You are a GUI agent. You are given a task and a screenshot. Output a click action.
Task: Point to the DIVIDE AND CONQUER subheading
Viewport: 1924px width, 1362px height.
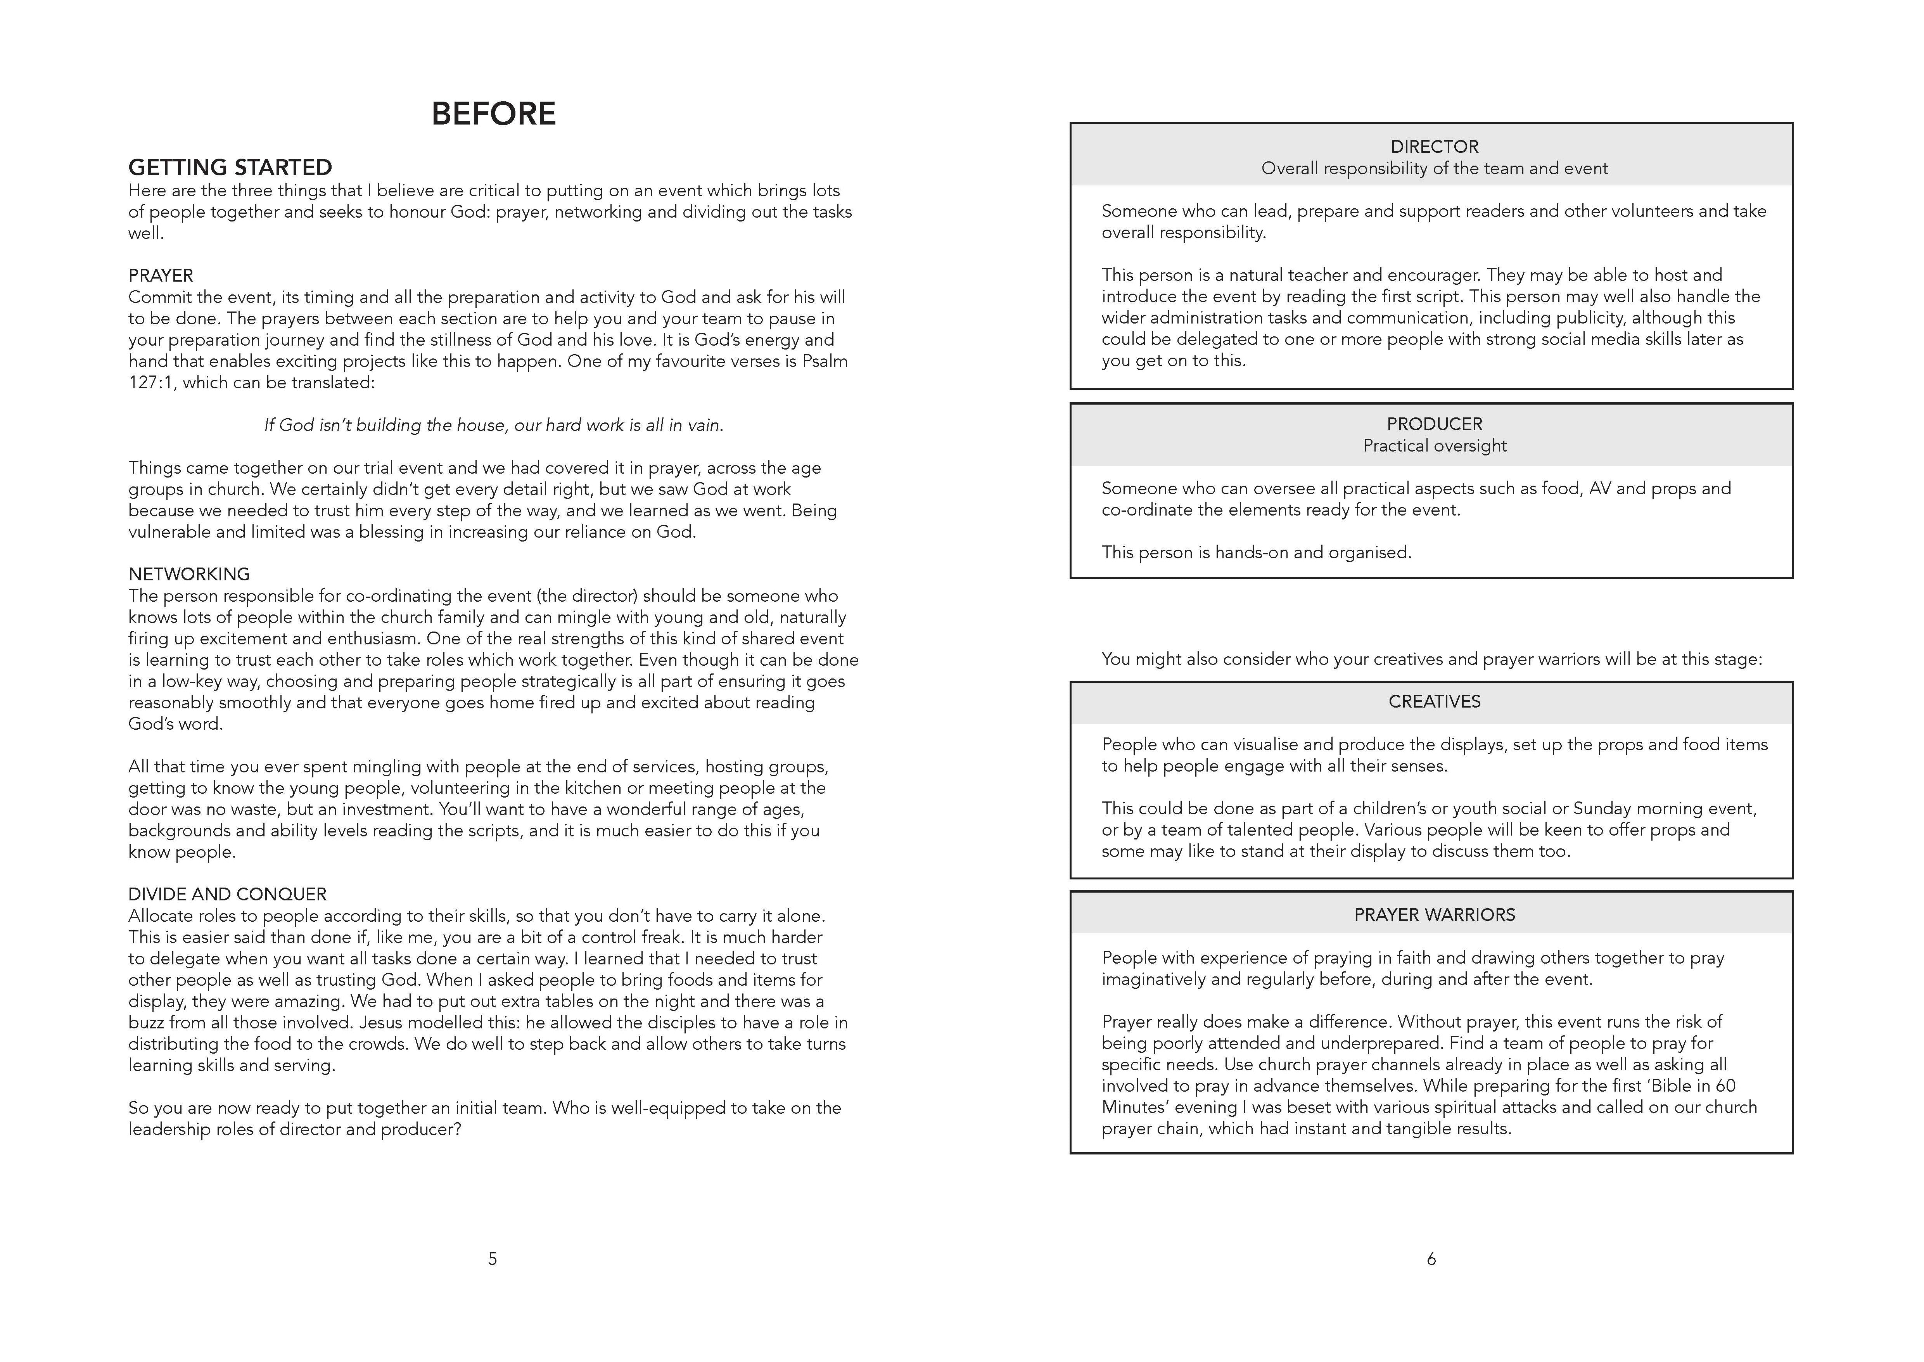(227, 894)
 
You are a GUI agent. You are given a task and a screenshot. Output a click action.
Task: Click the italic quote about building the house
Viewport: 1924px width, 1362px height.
(494, 425)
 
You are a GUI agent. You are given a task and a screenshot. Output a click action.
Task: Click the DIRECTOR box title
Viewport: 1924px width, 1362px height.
(1435, 147)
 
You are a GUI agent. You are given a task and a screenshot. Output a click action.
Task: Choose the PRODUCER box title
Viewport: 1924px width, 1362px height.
(1435, 424)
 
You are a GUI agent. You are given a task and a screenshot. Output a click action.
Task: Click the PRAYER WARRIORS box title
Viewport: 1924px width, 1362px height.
(1435, 915)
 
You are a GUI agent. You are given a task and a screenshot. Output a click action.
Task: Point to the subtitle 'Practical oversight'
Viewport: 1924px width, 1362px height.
(1435, 446)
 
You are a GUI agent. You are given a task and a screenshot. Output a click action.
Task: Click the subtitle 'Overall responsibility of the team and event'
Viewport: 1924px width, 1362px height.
(1435, 169)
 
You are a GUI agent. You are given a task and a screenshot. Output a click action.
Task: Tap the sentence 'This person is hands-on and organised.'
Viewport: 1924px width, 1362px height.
(1256, 553)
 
